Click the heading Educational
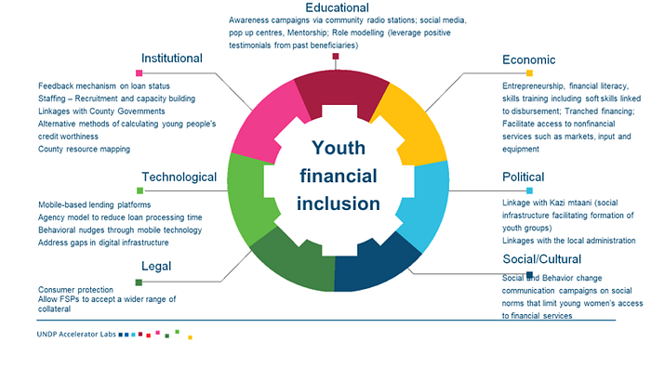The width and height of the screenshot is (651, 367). [x=337, y=7]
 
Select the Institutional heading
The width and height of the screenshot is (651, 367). [x=172, y=58]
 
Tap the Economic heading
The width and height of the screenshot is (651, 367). [x=528, y=59]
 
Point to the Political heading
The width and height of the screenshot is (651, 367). [x=523, y=177]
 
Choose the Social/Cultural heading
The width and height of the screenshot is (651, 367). [x=542, y=259]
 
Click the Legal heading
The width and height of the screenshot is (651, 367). [x=156, y=267]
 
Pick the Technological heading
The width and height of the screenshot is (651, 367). [x=179, y=177]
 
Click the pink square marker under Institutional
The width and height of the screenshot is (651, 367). [x=139, y=73]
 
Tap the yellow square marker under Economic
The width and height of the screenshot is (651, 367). [x=529, y=73]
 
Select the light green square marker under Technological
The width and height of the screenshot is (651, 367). [x=139, y=190]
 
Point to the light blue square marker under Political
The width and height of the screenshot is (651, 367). [x=529, y=190]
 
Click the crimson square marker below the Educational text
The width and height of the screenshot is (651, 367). [x=336, y=57]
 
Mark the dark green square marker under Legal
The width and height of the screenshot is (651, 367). [x=139, y=282]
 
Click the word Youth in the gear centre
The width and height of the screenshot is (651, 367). [x=339, y=148]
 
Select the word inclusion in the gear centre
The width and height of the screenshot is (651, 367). [x=339, y=204]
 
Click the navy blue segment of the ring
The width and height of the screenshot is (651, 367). [x=374, y=266]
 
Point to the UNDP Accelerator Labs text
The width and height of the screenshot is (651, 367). [x=76, y=334]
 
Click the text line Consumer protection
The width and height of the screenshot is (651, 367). [x=75, y=290]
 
